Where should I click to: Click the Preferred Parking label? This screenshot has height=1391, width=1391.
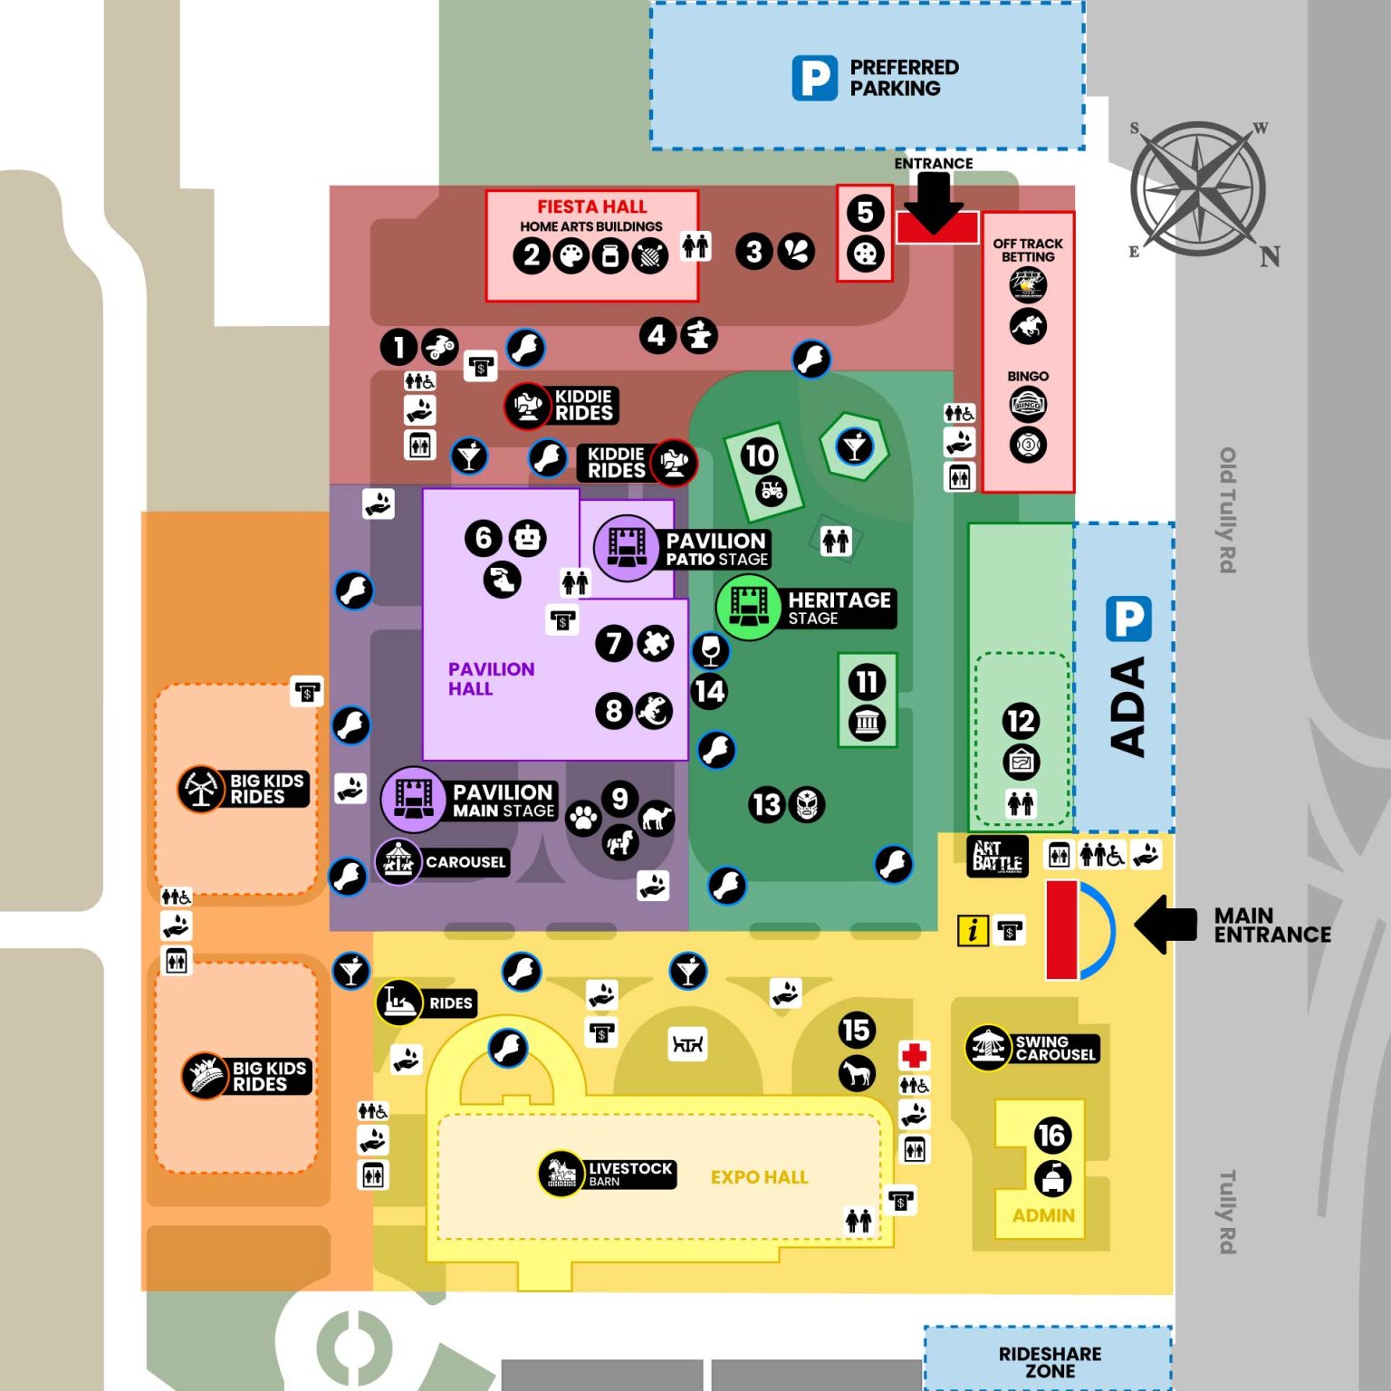pyautogui.click(x=903, y=78)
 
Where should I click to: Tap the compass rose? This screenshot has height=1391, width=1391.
pyautogui.click(x=1198, y=188)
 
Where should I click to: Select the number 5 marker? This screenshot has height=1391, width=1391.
pyautogui.click(x=865, y=213)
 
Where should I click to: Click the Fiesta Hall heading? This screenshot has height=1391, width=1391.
pyautogui.click(x=591, y=206)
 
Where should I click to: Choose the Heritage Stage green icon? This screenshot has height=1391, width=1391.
pyautogui.click(x=748, y=607)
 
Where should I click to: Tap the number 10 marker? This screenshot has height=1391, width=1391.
pyautogui.click(x=759, y=455)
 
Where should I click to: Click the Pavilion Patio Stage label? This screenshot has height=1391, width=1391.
pyautogui.click(x=716, y=549)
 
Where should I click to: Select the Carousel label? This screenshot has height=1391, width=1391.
pyautogui.click(x=465, y=862)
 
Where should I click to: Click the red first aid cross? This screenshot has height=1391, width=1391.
pyautogui.click(x=914, y=1055)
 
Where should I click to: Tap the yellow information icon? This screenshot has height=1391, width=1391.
pyautogui.click(x=973, y=930)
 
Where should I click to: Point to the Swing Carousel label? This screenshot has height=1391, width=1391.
pyautogui.click(x=1055, y=1048)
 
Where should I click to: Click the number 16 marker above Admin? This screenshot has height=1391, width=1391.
pyautogui.click(x=1051, y=1135)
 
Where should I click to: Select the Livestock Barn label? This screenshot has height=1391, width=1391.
pyautogui.click(x=629, y=1174)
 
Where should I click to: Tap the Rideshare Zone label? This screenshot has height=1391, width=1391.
pyautogui.click(x=1050, y=1362)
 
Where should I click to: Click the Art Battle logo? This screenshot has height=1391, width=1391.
pyautogui.click(x=997, y=856)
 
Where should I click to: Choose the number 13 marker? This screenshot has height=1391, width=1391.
pyautogui.click(x=766, y=804)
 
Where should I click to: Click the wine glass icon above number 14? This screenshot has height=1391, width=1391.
pyautogui.click(x=710, y=649)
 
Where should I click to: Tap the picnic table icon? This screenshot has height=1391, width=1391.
pyautogui.click(x=687, y=1045)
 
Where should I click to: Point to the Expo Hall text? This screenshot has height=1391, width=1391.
pyautogui.click(x=759, y=1177)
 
